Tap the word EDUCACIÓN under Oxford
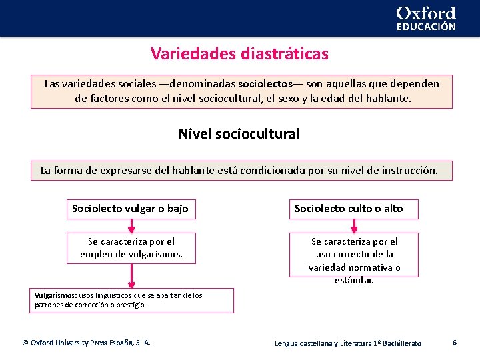pyautogui.click(x=426, y=27)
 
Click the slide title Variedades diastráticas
pyautogui.click(x=239, y=53)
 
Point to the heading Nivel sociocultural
pyautogui.click(x=239, y=133)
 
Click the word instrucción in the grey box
pyautogui.click(x=410, y=170)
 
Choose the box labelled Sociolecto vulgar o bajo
pyautogui.click(x=131, y=209)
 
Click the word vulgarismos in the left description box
pyautogui.click(x=150, y=254)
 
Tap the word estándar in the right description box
pyautogui.click(x=354, y=280)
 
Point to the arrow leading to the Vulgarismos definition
pyautogui.click(x=131, y=275)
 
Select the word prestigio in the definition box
pyautogui.click(x=129, y=305)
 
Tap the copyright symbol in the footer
pyautogui.click(x=25, y=343)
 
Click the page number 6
pyautogui.click(x=454, y=342)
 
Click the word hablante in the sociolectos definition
pyautogui.click(x=390, y=98)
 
